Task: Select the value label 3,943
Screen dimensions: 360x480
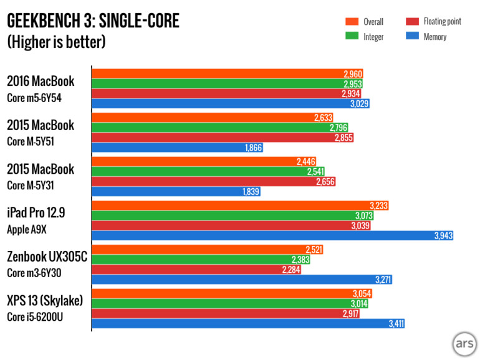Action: [x=443, y=236]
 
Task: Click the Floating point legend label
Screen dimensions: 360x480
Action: [x=442, y=22]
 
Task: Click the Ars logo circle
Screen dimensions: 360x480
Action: [x=464, y=344]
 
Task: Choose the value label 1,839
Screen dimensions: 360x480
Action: [x=250, y=192]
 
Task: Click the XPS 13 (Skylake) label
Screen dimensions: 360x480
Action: [x=45, y=301]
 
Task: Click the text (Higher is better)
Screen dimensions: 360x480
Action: [x=56, y=43]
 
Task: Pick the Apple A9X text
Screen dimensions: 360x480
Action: [x=27, y=229]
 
